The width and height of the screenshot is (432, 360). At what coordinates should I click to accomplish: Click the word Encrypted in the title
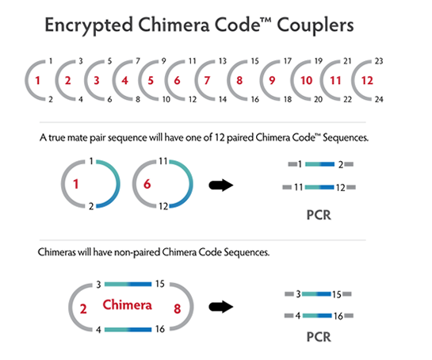pyautogui.click(x=89, y=25)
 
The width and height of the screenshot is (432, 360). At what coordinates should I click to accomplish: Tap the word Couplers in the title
pyautogui.click(x=315, y=25)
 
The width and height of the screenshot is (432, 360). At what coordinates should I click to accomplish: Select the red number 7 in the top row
pyautogui.click(x=207, y=81)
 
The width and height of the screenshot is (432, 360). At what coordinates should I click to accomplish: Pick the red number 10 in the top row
pyautogui.click(x=307, y=81)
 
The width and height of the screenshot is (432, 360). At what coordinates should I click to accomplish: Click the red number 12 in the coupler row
pyautogui.click(x=367, y=81)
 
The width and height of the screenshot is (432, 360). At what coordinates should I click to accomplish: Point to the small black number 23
pyautogui.click(x=379, y=61)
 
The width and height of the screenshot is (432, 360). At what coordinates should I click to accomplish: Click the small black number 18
pyautogui.click(x=288, y=99)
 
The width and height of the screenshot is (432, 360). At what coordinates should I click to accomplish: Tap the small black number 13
pyautogui.click(x=223, y=61)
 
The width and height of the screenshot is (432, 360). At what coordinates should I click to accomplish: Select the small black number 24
pyautogui.click(x=379, y=99)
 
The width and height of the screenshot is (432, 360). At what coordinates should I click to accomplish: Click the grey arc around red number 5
pyautogui.click(x=140, y=81)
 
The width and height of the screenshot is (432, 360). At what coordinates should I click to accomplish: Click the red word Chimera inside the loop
pyautogui.click(x=128, y=304)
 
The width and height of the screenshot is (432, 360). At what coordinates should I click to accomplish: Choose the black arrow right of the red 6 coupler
pyautogui.click(x=221, y=185)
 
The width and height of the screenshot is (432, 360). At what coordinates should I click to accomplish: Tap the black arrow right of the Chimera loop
pyautogui.click(x=221, y=307)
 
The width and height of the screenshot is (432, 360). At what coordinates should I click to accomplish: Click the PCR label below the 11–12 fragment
pyautogui.click(x=319, y=215)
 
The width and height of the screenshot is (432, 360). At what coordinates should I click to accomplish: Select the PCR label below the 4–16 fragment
pyautogui.click(x=319, y=337)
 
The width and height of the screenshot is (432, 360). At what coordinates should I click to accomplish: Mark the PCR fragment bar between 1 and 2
pyautogui.click(x=320, y=164)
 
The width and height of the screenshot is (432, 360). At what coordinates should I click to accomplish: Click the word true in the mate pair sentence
pyautogui.click(x=57, y=137)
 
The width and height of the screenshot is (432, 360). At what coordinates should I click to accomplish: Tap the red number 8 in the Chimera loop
pyautogui.click(x=177, y=308)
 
